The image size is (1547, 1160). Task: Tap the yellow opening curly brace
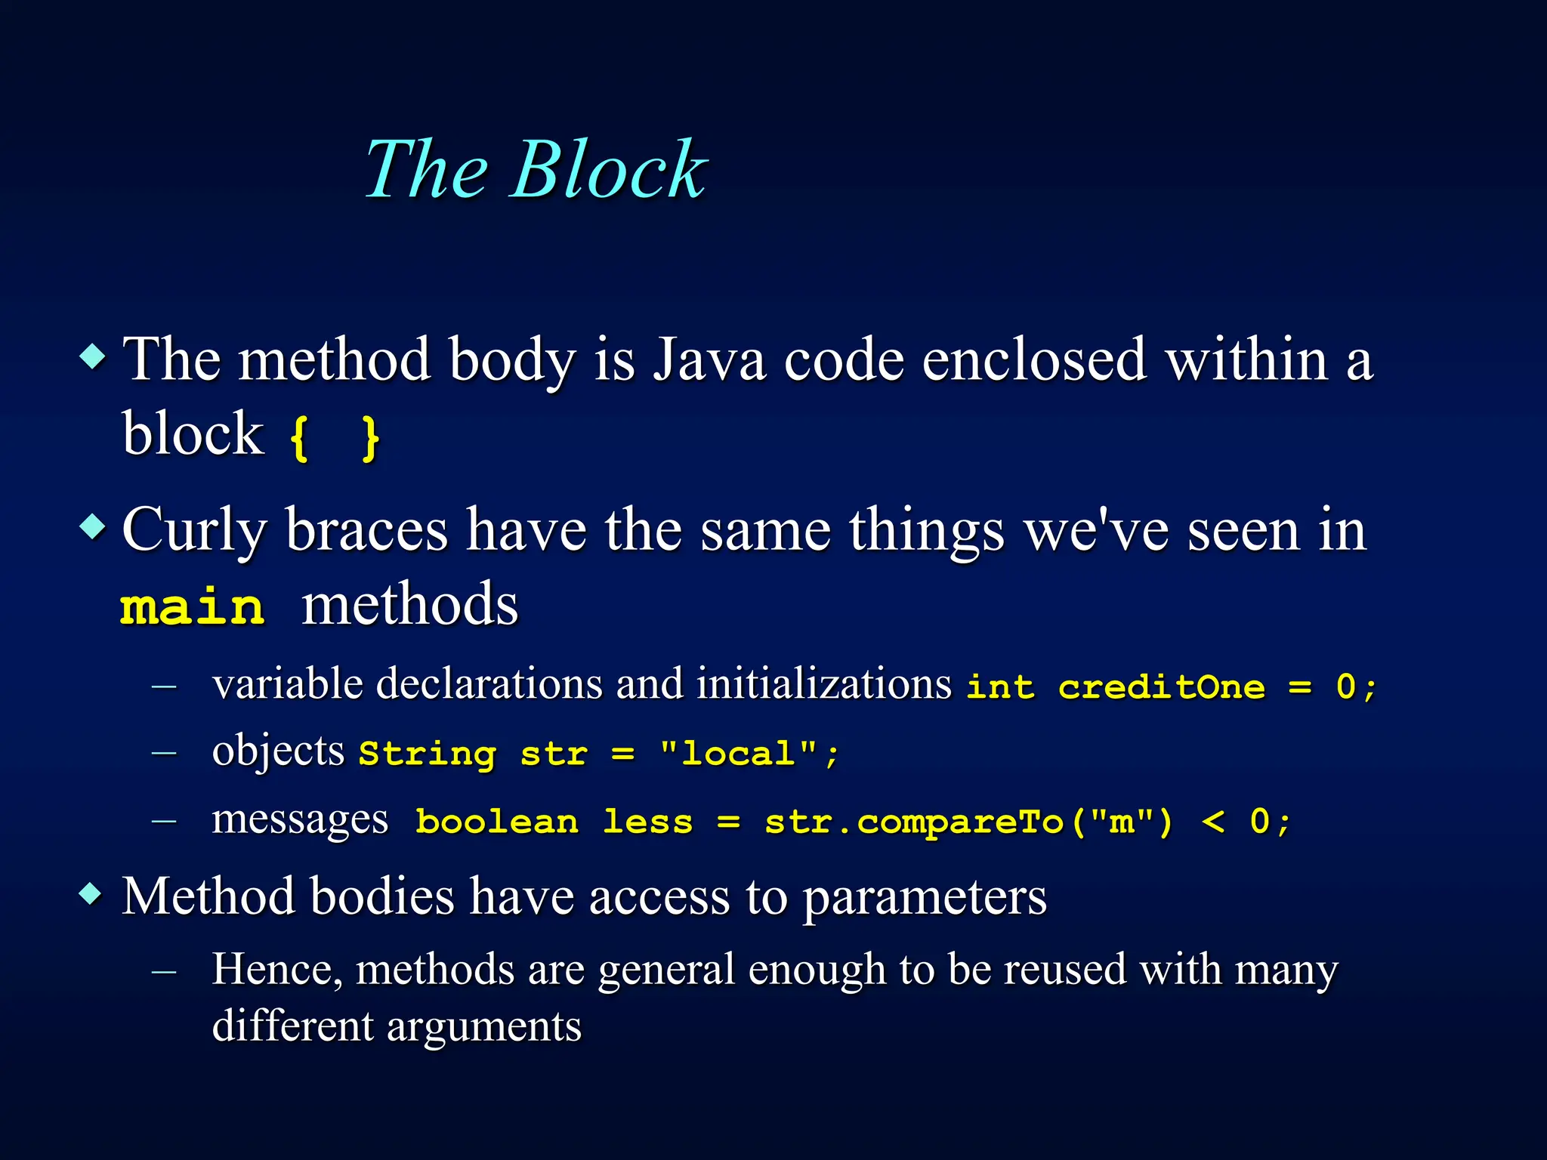(299, 439)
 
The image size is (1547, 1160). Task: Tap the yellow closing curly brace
(369, 439)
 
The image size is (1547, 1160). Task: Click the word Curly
(194, 532)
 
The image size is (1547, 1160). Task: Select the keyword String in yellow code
(427, 754)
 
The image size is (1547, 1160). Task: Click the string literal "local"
(738, 753)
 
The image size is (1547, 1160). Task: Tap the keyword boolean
(497, 822)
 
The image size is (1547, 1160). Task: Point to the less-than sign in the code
(1212, 822)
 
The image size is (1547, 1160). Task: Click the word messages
(300, 820)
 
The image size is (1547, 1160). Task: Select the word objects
(278, 752)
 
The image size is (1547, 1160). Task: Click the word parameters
(924, 899)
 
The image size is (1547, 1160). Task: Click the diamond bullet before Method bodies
(91, 895)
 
